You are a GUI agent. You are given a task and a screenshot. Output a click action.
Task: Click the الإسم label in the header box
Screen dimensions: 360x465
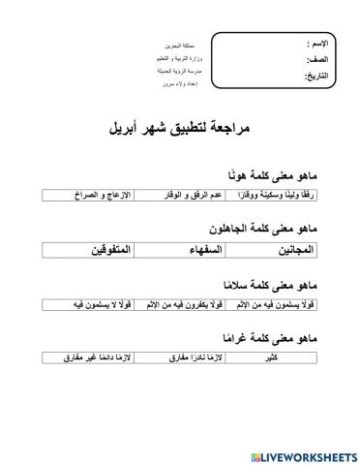pyautogui.click(x=315, y=45)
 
